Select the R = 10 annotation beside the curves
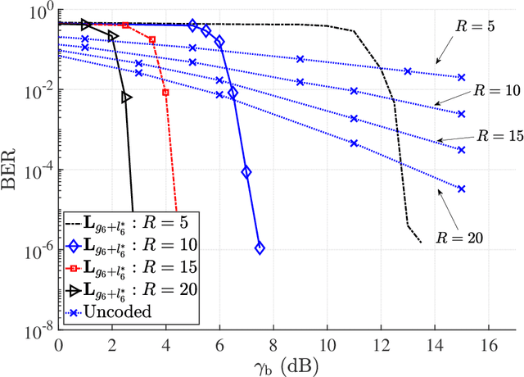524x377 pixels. tap(486, 88)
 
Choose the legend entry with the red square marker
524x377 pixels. tap(131, 268)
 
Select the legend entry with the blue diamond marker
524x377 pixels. tap(131, 246)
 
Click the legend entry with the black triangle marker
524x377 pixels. tap(131, 290)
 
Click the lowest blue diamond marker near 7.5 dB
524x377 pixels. tap(260, 248)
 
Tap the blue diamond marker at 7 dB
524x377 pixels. tap(246, 172)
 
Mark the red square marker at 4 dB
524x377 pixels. tap(165, 93)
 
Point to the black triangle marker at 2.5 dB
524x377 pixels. tap(126, 98)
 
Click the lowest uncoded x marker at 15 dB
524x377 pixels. tap(461, 188)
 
